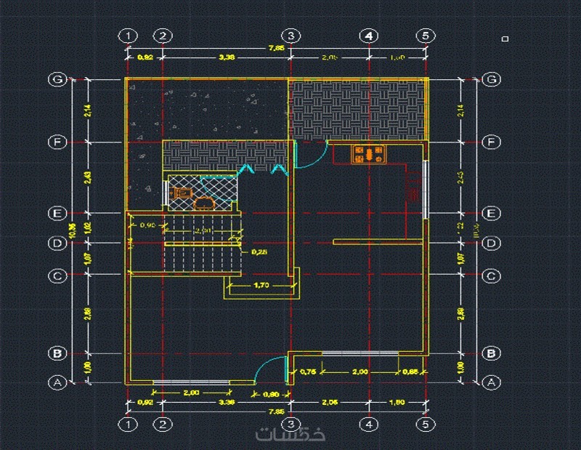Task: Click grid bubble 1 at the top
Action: click(128, 36)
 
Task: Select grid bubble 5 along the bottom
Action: click(426, 424)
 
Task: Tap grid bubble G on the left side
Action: click(57, 79)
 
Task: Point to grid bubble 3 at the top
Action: click(290, 36)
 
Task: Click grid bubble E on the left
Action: click(57, 214)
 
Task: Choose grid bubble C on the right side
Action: click(492, 276)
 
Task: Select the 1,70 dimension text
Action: click(261, 286)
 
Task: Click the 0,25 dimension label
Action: click(259, 253)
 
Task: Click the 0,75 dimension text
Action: click(308, 372)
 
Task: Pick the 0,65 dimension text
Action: click(411, 372)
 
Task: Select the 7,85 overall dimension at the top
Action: click(276, 49)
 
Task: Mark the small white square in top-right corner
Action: click(505, 39)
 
